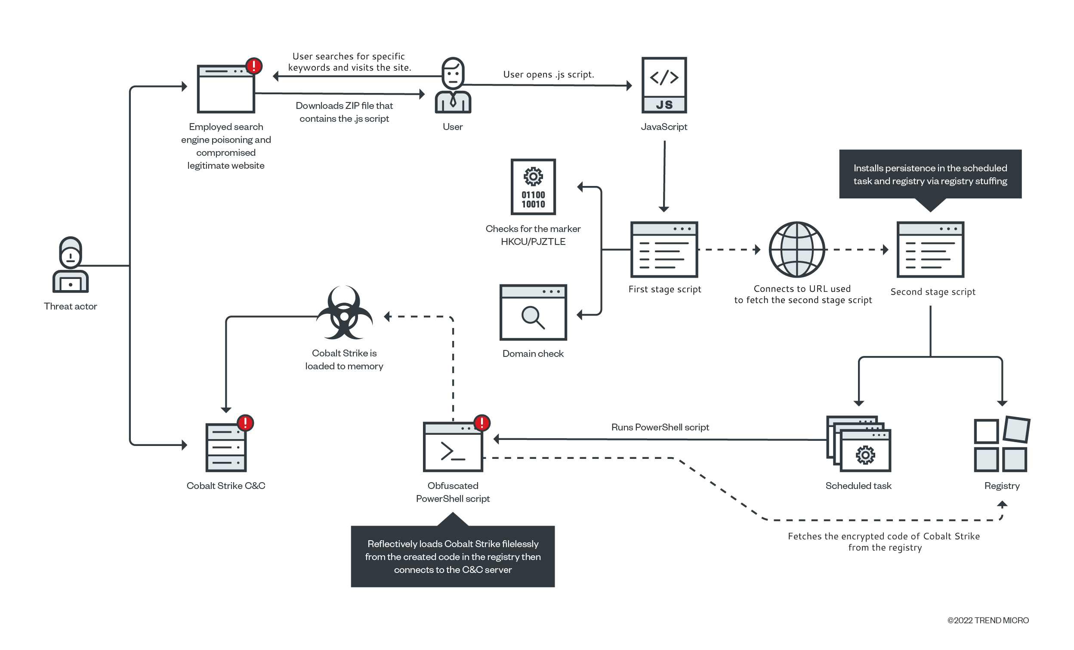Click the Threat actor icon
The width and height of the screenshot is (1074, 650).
click(70, 265)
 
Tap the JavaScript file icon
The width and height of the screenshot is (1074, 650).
click(664, 85)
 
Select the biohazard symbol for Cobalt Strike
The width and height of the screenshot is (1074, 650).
click(344, 312)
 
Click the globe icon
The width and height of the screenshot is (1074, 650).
click(796, 249)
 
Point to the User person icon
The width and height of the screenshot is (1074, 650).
click(453, 85)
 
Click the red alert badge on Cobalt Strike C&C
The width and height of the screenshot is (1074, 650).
click(245, 422)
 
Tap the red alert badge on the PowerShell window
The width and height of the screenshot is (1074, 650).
click(481, 422)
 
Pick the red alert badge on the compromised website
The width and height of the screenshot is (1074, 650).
click(254, 66)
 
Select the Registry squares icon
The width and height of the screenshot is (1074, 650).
click(1001, 444)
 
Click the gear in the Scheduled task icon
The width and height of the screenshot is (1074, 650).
click(865, 455)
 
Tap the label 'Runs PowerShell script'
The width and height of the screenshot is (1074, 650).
click(660, 427)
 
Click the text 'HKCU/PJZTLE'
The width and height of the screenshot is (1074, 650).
click(533, 241)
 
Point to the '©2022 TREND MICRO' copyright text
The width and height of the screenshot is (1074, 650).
click(988, 620)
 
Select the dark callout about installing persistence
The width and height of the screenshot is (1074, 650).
click(930, 174)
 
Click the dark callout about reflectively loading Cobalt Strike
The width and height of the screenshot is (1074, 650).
click(452, 556)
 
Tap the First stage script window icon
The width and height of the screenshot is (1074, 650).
click(664, 249)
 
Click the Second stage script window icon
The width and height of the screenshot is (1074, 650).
click(930, 249)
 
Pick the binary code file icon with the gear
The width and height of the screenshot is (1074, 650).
click(533, 186)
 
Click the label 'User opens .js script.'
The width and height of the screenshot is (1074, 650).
click(548, 74)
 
